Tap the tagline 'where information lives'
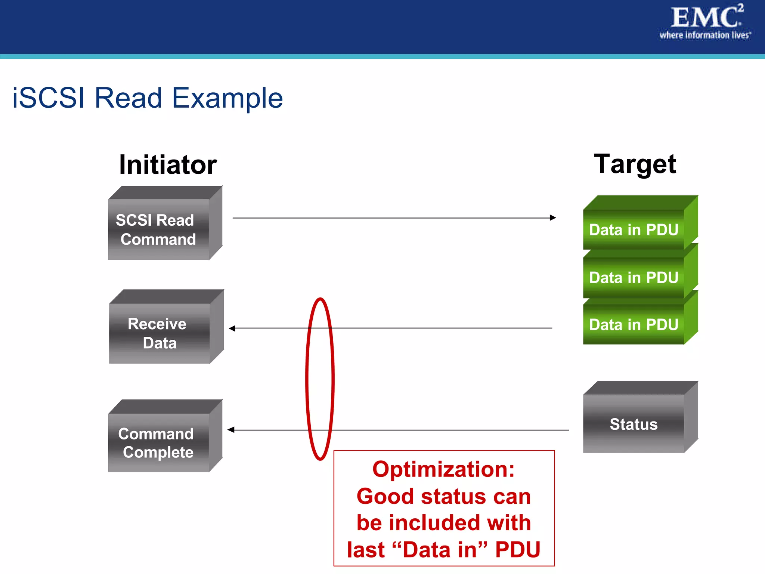(704, 35)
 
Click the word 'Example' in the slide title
(227, 98)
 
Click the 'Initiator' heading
(168, 165)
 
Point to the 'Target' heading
(635, 164)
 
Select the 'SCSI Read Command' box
(158, 229)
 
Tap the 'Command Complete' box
(158, 442)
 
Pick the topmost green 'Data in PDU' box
(634, 229)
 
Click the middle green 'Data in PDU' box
(634, 277)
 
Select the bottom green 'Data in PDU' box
(634, 324)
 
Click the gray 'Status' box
(634, 424)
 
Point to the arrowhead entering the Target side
(553, 217)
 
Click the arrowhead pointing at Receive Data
(232, 328)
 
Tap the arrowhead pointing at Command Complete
(231, 430)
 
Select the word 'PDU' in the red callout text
(518, 549)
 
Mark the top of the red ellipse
(320, 299)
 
